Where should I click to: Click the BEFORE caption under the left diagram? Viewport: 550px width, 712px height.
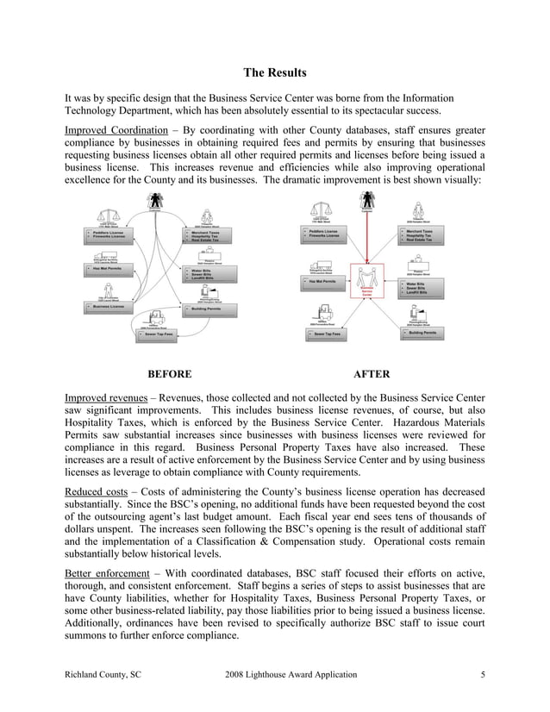click(169, 374)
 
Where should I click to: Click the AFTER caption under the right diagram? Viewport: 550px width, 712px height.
click(372, 374)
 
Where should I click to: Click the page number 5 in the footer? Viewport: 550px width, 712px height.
click(482, 674)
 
